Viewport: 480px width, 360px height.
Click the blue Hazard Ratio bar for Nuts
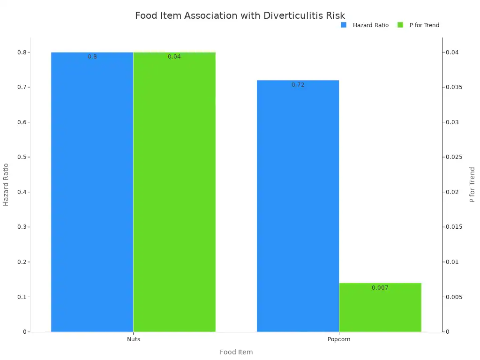[x=92, y=192]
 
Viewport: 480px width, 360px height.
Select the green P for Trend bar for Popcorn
[x=380, y=307]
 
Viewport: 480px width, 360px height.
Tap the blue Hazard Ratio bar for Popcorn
[x=298, y=206]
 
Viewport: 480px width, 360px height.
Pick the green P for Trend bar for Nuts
[x=174, y=192]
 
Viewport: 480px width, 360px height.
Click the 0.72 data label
[x=298, y=85]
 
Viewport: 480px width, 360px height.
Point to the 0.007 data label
[x=380, y=288]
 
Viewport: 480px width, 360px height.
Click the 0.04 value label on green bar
[x=174, y=57]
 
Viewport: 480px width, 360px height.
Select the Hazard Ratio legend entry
[x=365, y=25]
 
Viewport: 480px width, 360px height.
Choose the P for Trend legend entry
[x=419, y=25]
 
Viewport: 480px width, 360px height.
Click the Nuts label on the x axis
[x=133, y=339]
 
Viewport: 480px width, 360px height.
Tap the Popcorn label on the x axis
[x=338, y=339]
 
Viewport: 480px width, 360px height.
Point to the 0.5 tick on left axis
[x=22, y=157]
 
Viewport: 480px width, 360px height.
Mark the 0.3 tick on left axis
[x=22, y=227]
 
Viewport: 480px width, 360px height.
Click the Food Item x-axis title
[x=236, y=352]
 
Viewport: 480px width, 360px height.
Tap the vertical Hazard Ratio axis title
[x=6, y=184]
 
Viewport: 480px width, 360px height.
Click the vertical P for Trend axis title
[x=472, y=184]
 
